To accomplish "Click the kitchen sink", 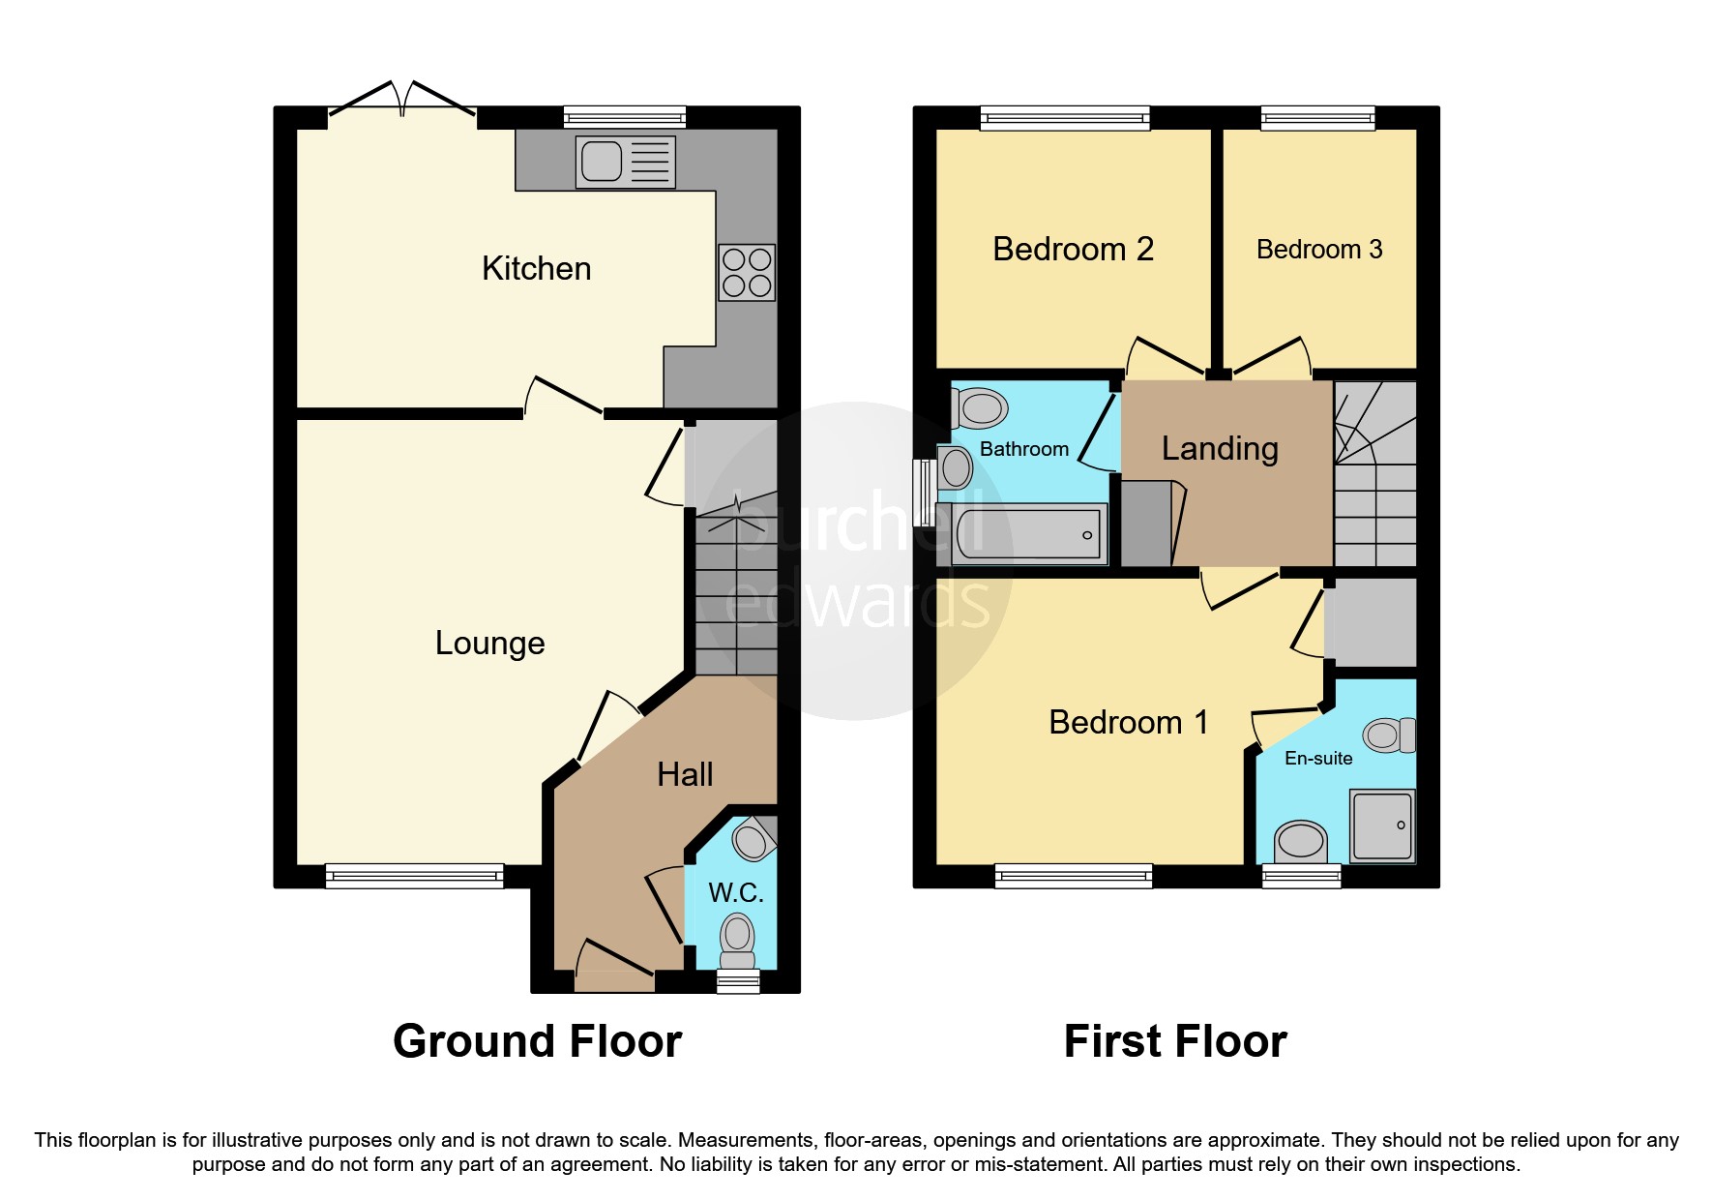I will (625, 162).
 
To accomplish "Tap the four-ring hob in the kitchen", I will (747, 272).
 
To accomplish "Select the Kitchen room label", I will (536, 268).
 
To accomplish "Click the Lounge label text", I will (489, 643).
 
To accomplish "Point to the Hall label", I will (685, 774).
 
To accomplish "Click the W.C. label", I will (736, 892).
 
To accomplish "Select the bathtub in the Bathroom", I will (1029, 533).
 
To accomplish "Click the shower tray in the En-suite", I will (1382, 825).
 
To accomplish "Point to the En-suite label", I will (1317, 759).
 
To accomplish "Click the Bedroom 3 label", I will (1318, 250).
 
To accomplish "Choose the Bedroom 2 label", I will (1073, 249).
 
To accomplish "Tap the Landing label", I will (1219, 448).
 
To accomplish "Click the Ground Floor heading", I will (537, 1041).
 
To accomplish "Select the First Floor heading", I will (1174, 1041).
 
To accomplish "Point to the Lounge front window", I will (414, 876).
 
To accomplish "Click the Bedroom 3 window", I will (1317, 118).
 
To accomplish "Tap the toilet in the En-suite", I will (1390, 735).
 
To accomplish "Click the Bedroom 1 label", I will (1128, 722).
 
